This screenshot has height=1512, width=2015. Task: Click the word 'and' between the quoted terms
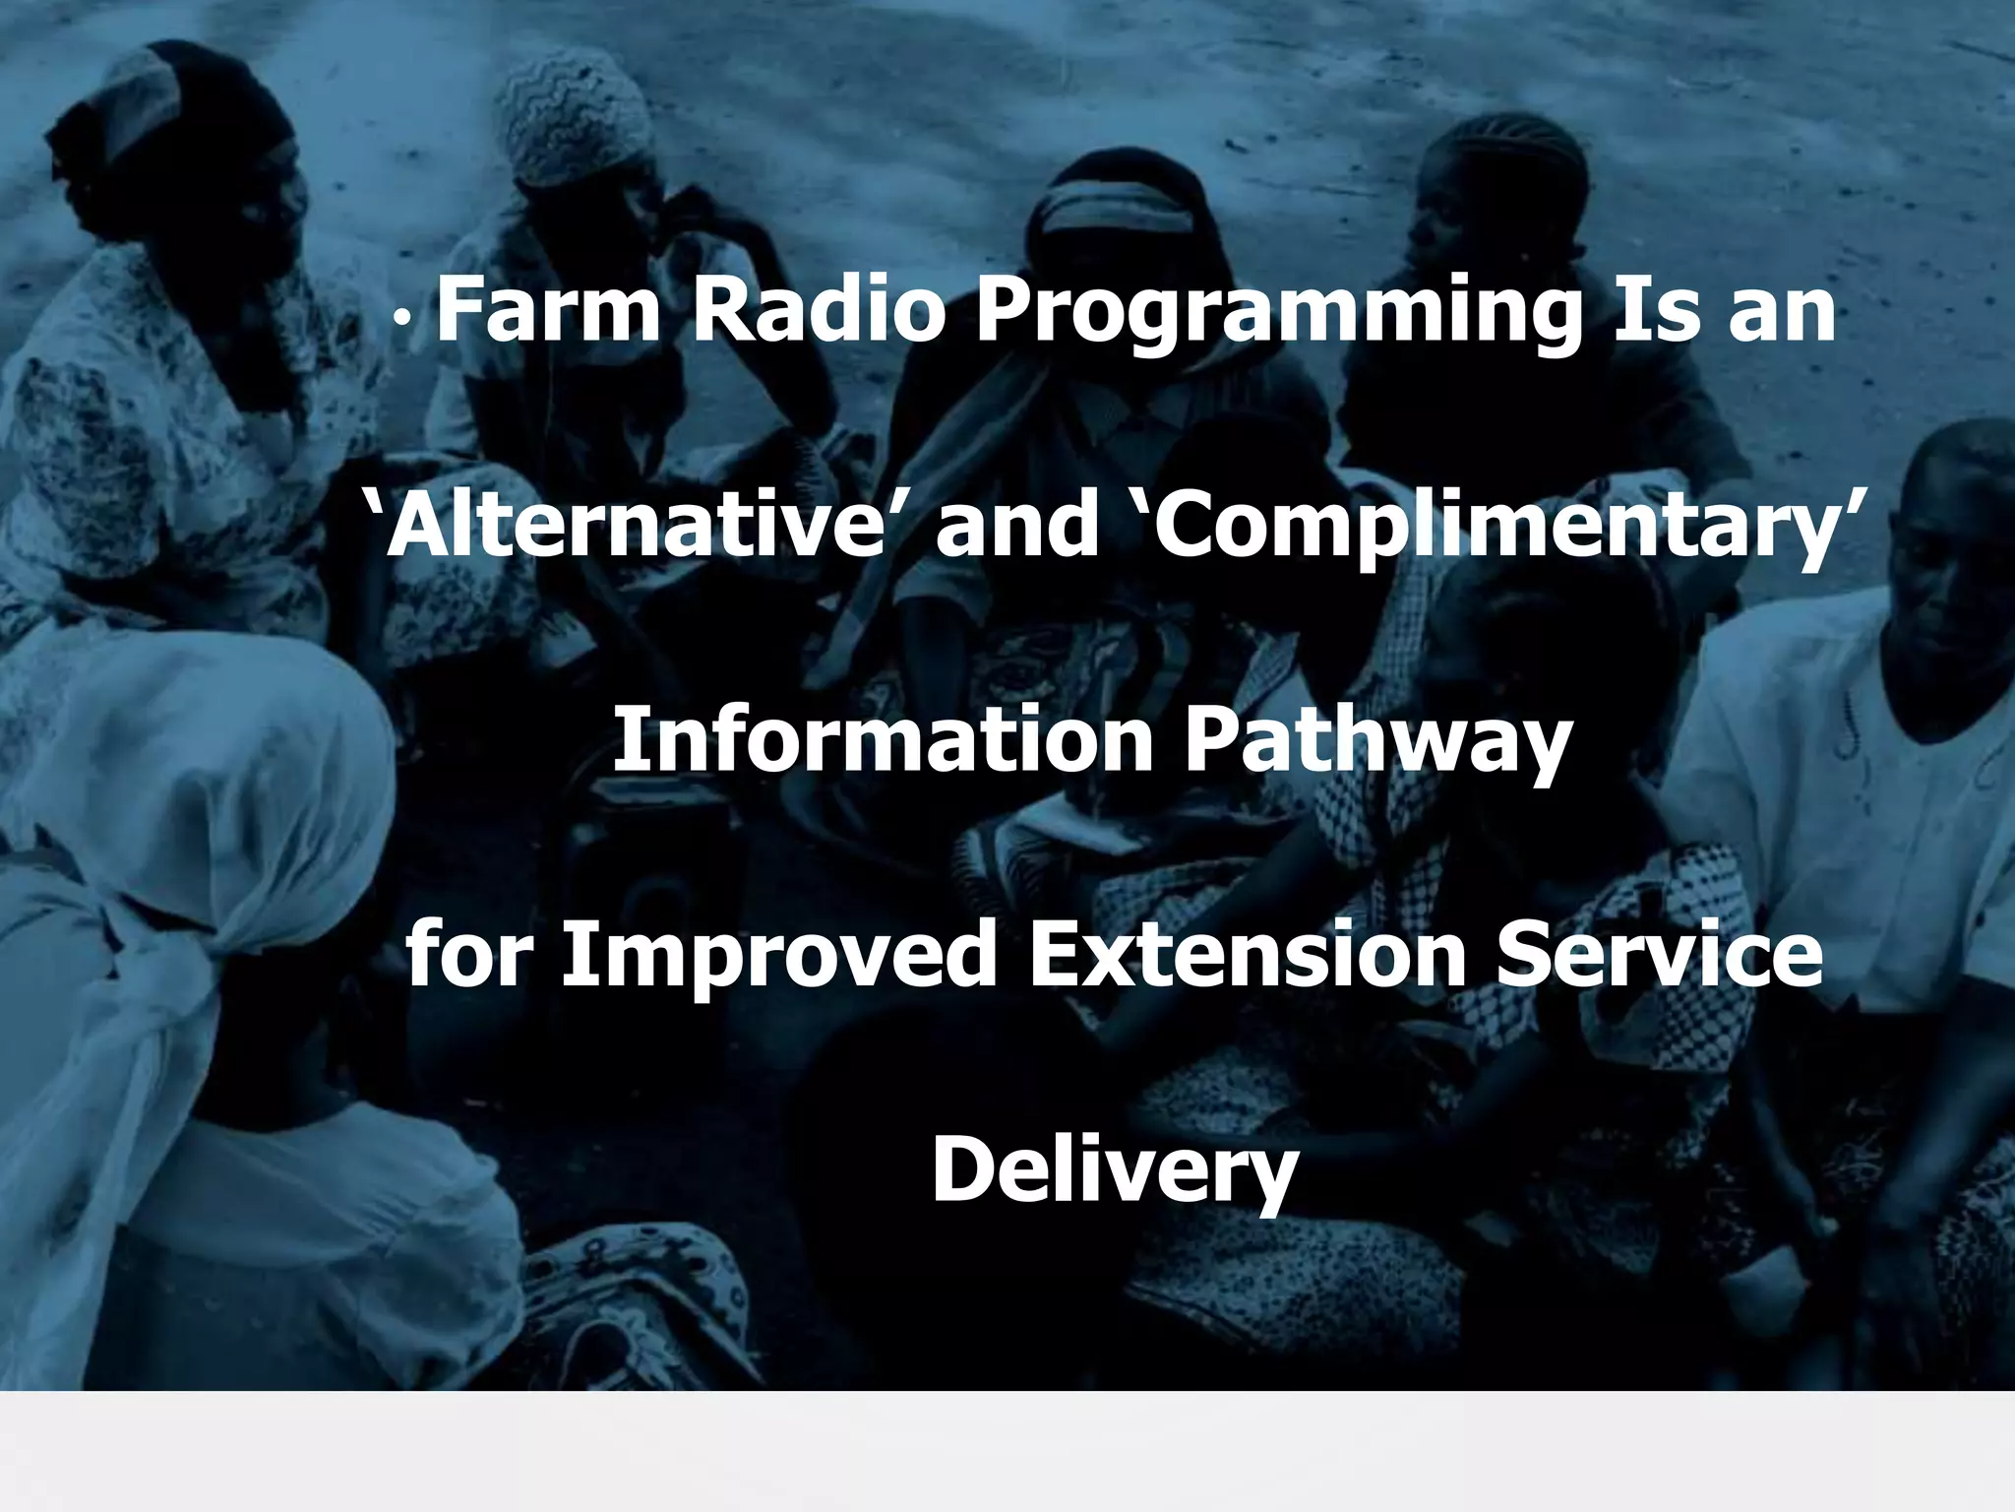pyautogui.click(x=1017, y=524)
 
